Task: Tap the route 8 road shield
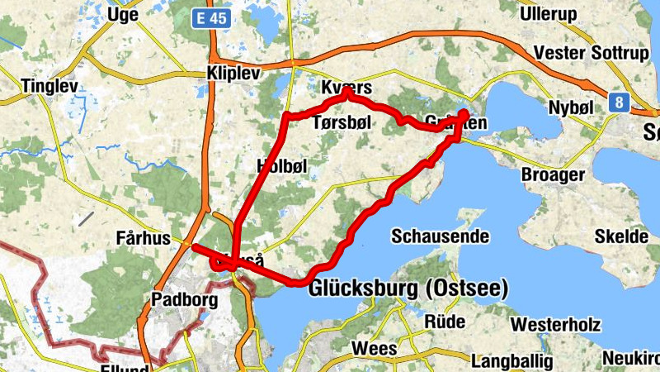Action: tap(618, 103)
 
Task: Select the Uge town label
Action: tap(122, 15)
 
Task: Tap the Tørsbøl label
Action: tap(343, 122)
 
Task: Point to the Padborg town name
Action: tap(185, 299)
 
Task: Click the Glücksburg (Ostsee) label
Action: tap(408, 289)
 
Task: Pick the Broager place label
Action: tap(553, 174)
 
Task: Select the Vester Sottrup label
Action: tap(591, 53)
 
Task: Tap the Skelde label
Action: tap(621, 236)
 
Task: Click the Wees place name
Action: tap(374, 348)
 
